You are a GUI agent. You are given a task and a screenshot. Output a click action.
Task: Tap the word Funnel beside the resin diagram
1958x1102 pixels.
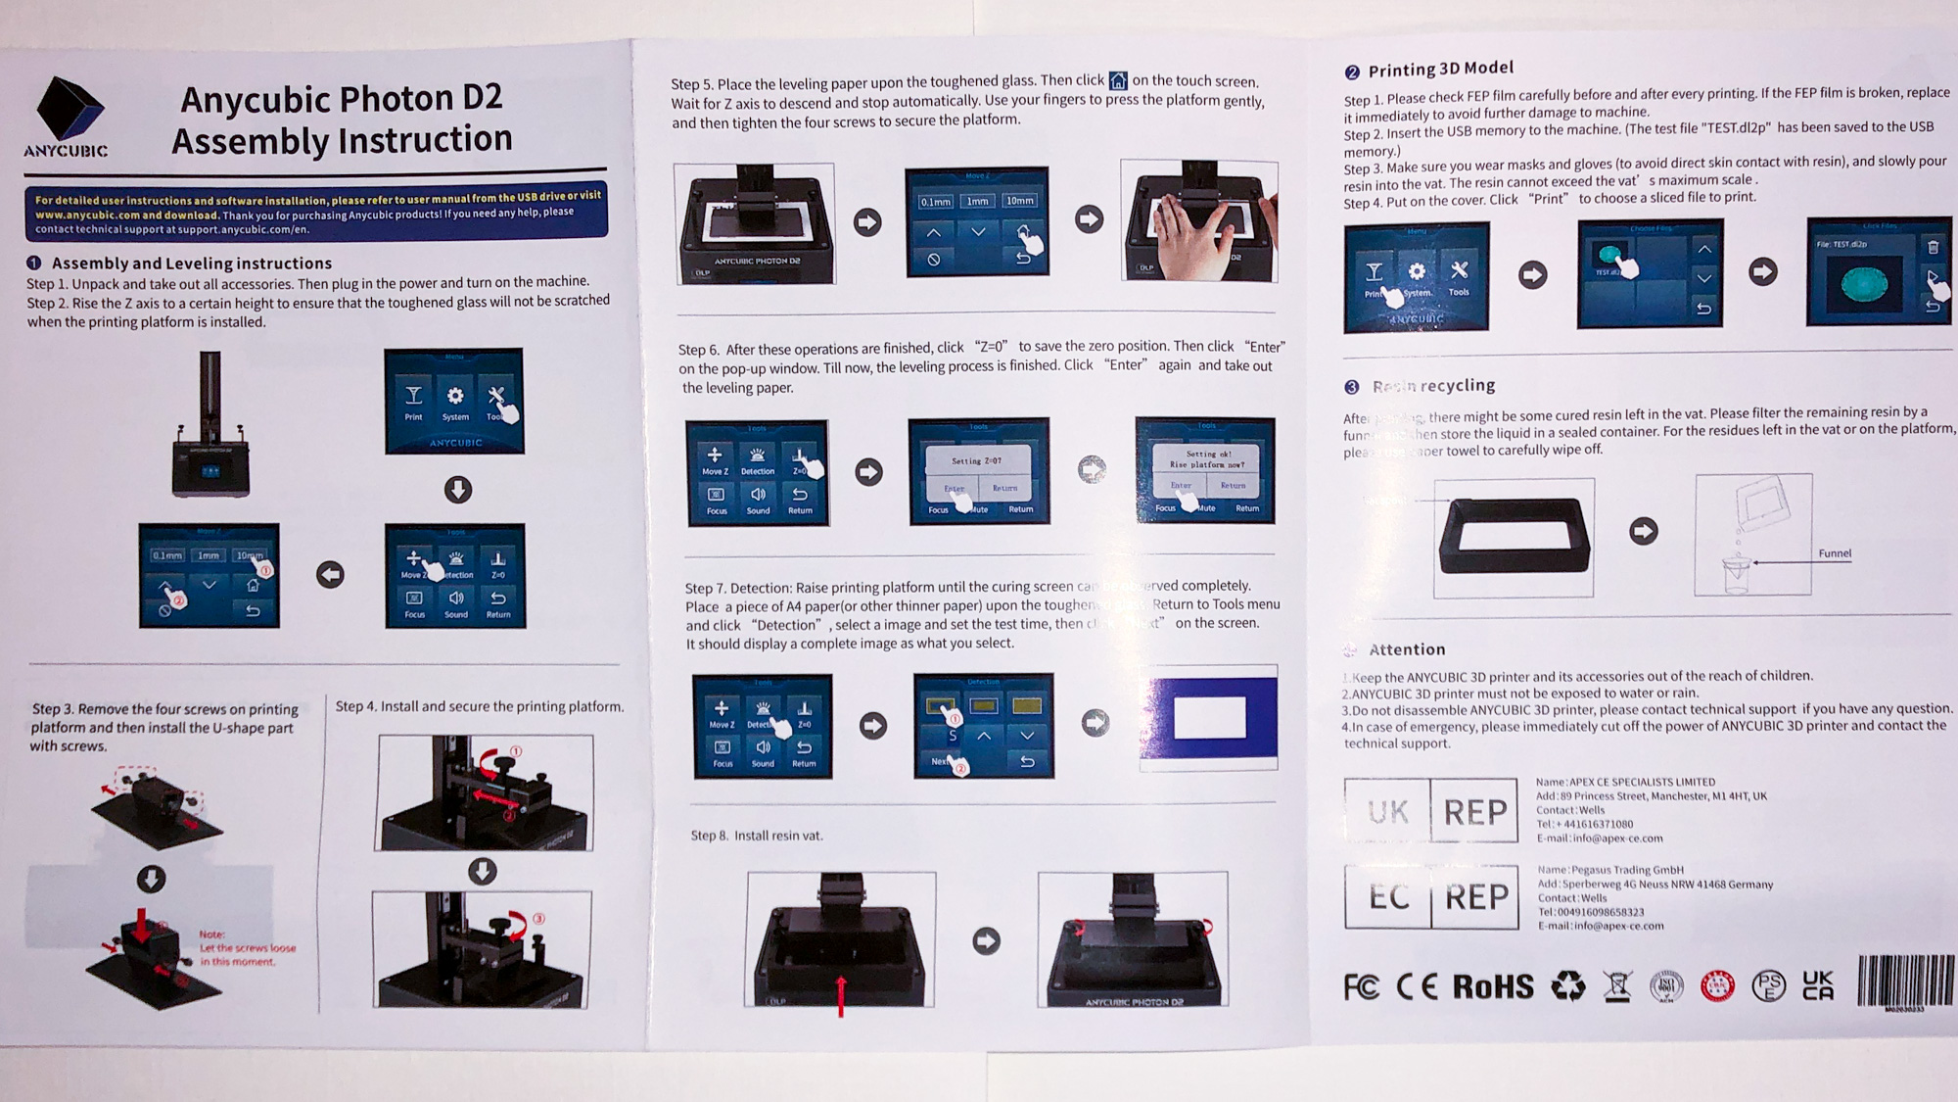coord(1835,553)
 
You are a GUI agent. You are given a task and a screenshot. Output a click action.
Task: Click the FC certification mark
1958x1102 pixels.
coord(1361,987)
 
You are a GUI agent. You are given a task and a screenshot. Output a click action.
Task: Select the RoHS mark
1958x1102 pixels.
coord(1493,986)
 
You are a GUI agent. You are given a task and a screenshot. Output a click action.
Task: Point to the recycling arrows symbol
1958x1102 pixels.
coord(1567,986)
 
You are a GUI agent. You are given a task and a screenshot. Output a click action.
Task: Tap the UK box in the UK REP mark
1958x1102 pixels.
coord(1387,811)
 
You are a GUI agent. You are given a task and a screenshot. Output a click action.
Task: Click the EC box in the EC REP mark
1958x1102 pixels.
coord(1388,896)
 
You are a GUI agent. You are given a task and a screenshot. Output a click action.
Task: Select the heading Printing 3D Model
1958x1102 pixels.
coord(1440,69)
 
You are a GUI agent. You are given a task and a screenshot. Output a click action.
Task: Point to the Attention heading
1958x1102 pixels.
coord(1407,649)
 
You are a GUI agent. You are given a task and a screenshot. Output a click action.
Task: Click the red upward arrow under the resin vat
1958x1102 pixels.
coord(840,994)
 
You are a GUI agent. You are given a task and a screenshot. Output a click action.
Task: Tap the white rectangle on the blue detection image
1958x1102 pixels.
coord(1209,717)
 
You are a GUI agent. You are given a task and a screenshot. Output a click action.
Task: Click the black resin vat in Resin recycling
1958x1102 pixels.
coord(1514,537)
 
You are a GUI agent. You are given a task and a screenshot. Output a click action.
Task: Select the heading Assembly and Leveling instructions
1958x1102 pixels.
coord(192,264)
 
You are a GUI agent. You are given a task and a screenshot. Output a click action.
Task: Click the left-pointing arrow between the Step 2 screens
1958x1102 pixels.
coord(331,575)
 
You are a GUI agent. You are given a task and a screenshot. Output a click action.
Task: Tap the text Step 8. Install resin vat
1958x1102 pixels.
coord(757,836)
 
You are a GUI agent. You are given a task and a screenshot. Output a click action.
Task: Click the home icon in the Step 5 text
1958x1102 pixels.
coord(1118,80)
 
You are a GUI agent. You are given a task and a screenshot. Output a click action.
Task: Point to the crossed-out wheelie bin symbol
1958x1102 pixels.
coord(1617,986)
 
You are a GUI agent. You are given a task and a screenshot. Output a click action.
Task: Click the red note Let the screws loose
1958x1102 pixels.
coord(247,948)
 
